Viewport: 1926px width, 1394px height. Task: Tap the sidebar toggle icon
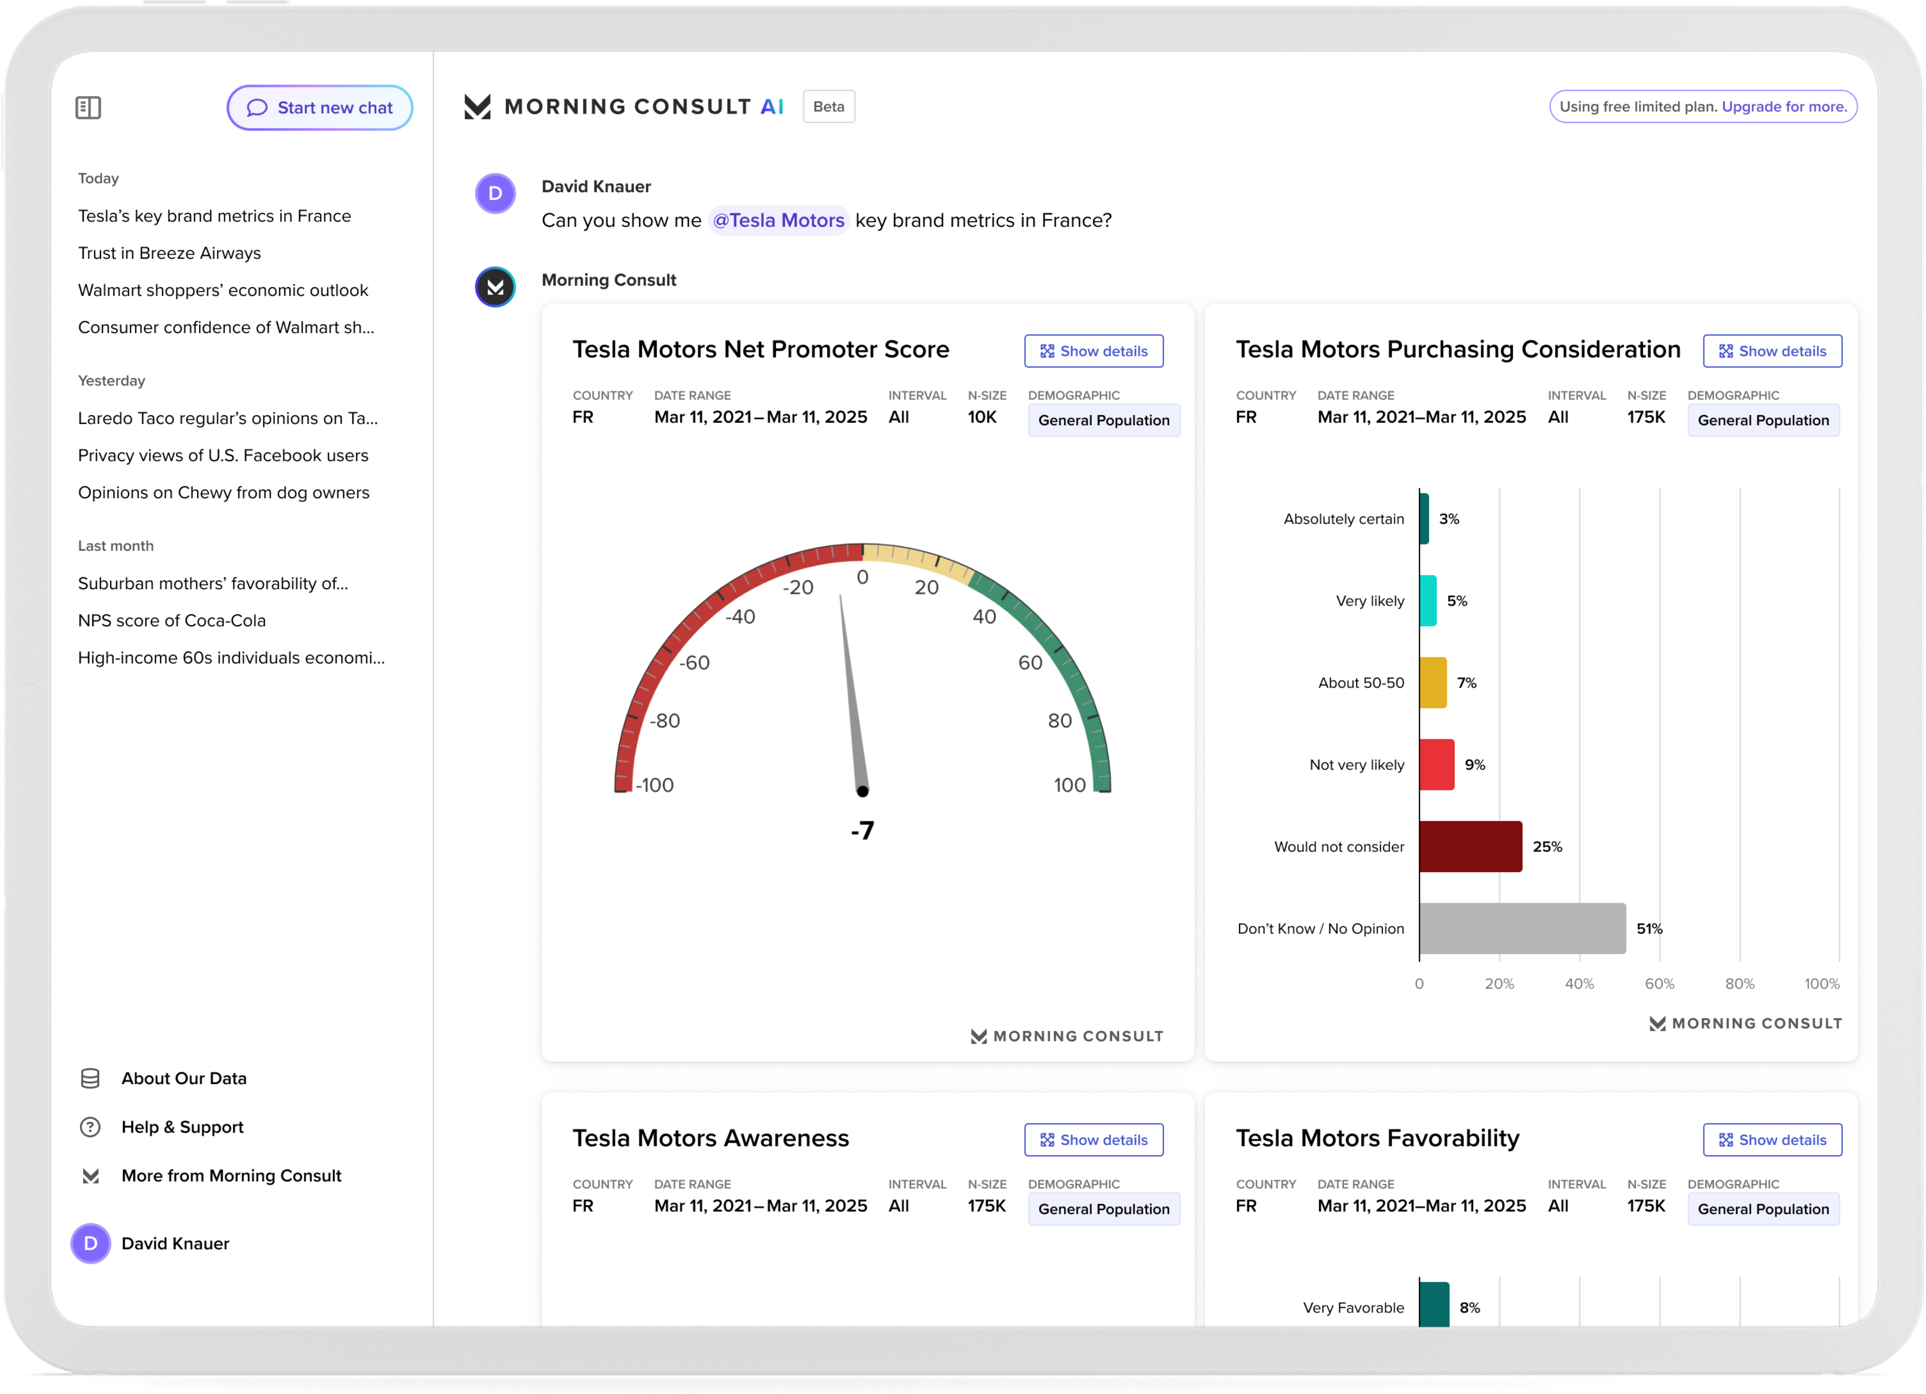pos(88,108)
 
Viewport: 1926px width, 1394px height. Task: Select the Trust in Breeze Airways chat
pos(169,253)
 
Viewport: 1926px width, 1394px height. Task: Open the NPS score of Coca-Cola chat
pos(172,621)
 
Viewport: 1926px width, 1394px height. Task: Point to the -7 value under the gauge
pos(862,830)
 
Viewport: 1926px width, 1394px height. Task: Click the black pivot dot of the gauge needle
pos(862,791)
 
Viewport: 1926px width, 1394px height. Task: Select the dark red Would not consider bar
pos(1470,846)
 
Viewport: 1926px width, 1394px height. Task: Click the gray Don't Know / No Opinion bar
pos(1522,929)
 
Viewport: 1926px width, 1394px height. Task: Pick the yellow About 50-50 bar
pos(1433,682)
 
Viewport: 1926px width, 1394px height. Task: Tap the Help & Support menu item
pos(182,1127)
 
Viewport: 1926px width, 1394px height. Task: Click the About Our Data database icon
pos(90,1079)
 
